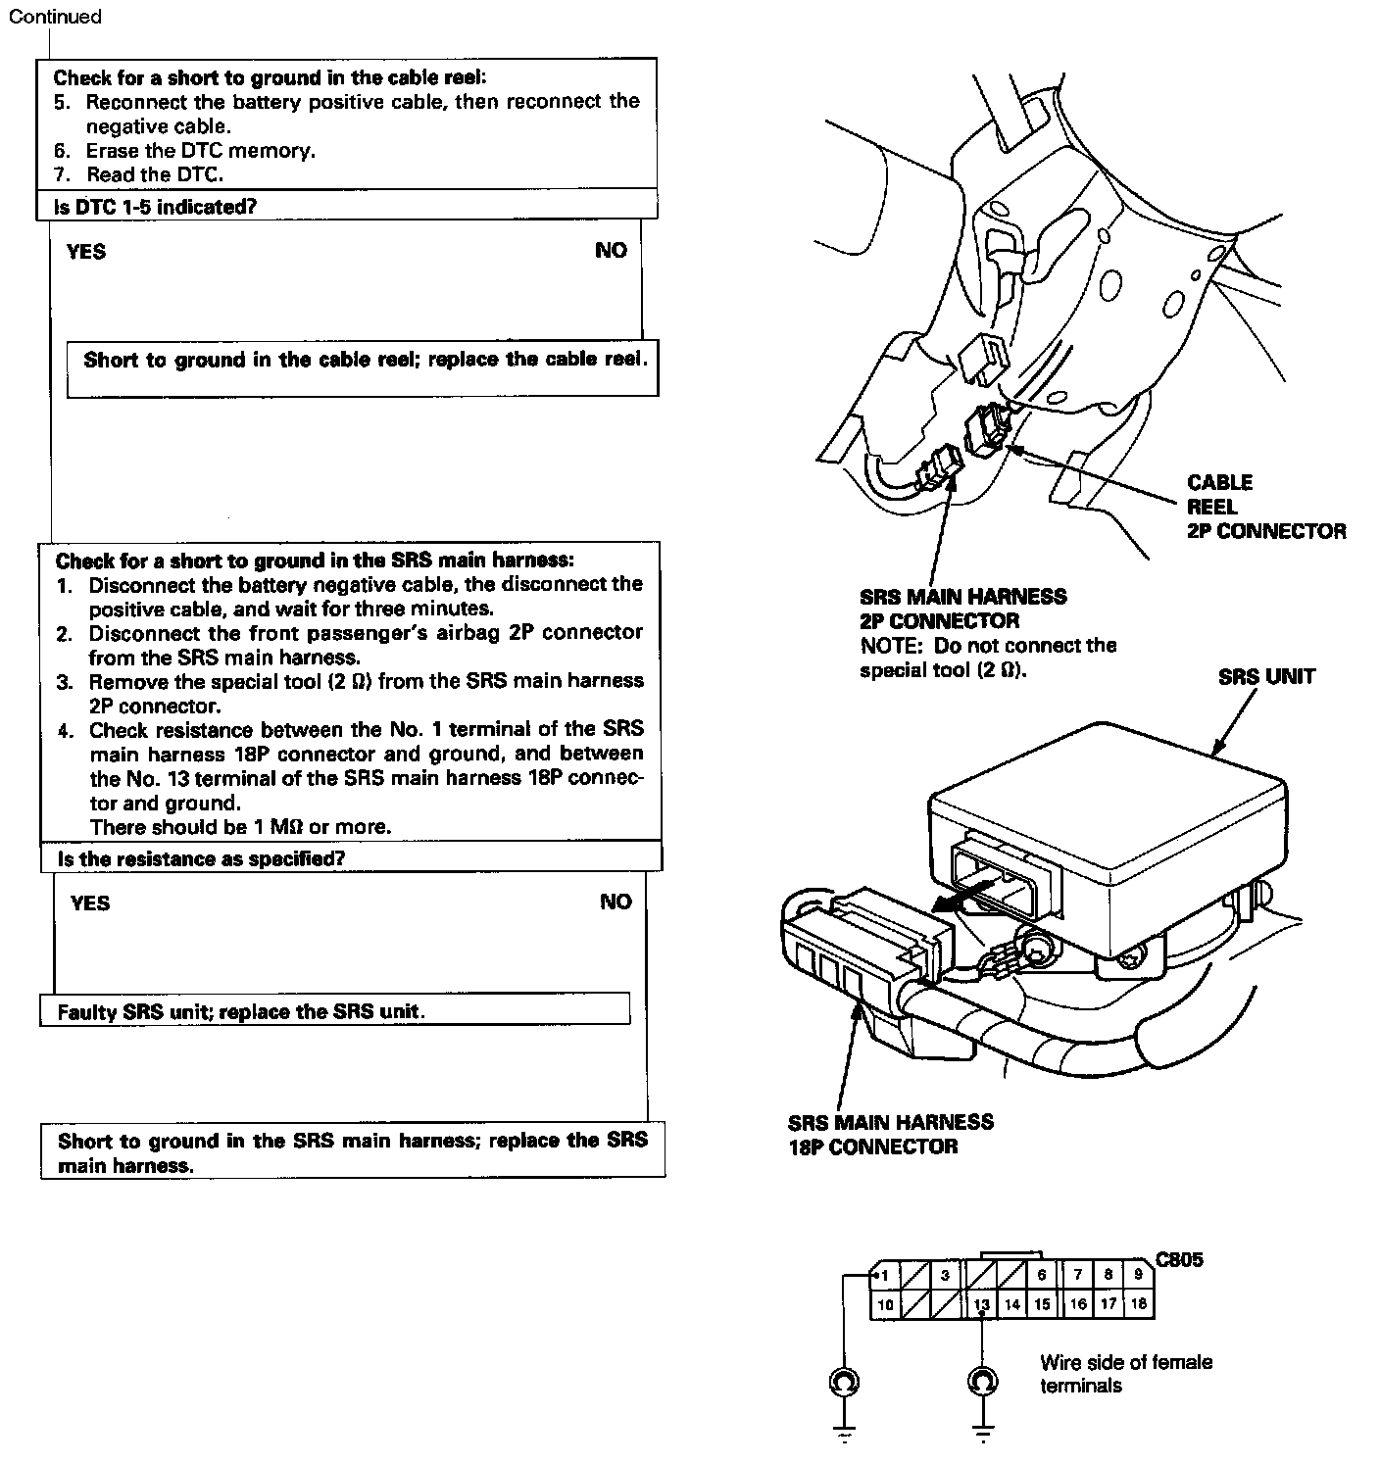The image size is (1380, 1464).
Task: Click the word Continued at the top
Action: pyautogui.click(x=54, y=17)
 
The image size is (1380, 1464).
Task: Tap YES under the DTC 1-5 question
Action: pyautogui.click(x=86, y=252)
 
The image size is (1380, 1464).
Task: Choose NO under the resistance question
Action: pyautogui.click(x=616, y=903)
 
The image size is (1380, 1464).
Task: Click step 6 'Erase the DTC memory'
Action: pyautogui.click(x=200, y=151)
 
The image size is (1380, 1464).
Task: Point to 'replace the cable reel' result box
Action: pyautogui.click(x=365, y=360)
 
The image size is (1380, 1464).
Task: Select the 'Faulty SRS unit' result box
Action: pyautogui.click(x=241, y=1011)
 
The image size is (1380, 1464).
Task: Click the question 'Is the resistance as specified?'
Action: pyautogui.click(x=201, y=859)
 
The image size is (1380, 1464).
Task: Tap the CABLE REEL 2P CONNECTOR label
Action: pyautogui.click(x=1264, y=507)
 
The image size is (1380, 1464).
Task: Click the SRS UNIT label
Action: pyautogui.click(x=1266, y=676)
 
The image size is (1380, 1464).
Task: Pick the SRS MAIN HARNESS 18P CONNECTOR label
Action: pyautogui.click(x=890, y=1134)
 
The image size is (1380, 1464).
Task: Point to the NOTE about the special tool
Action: pyautogui.click(x=988, y=658)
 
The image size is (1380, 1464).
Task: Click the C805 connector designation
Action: pyautogui.click(x=1179, y=1260)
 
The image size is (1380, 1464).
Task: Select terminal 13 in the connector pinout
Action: pyautogui.click(x=982, y=1304)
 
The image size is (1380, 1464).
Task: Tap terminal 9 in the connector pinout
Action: pyautogui.click(x=1138, y=1275)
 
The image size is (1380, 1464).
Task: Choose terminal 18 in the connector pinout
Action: pyautogui.click(x=1138, y=1304)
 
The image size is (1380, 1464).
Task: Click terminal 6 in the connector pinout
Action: pyautogui.click(x=1041, y=1275)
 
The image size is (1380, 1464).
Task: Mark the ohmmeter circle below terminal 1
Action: pyautogui.click(x=842, y=1382)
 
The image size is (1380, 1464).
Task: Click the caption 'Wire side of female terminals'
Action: pyautogui.click(x=1125, y=1373)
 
